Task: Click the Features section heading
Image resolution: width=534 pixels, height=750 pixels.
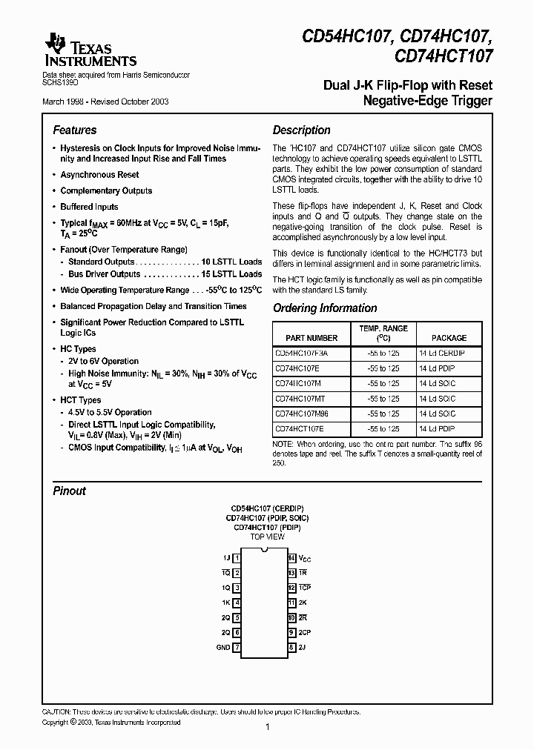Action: tap(75, 130)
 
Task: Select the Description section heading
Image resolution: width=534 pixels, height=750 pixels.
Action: tap(301, 130)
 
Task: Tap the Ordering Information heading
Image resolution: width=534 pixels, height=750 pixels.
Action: tap(325, 308)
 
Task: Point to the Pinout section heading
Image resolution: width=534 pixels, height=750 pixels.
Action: tap(69, 491)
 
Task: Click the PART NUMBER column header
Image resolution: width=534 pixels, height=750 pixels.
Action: tap(306, 337)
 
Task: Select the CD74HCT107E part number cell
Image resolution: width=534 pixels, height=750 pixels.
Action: tap(299, 429)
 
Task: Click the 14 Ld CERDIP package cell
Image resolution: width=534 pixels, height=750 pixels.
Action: tap(441, 354)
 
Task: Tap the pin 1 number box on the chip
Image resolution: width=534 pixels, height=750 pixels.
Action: tap(237, 558)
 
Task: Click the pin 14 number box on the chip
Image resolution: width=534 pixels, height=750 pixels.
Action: tap(292, 558)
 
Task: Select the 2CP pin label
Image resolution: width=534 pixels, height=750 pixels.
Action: tap(305, 632)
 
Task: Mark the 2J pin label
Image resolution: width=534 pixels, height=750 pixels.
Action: tap(302, 647)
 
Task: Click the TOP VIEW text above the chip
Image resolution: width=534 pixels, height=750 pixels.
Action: tap(266, 536)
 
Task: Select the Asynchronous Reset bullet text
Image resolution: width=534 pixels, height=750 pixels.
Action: tap(99, 175)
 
